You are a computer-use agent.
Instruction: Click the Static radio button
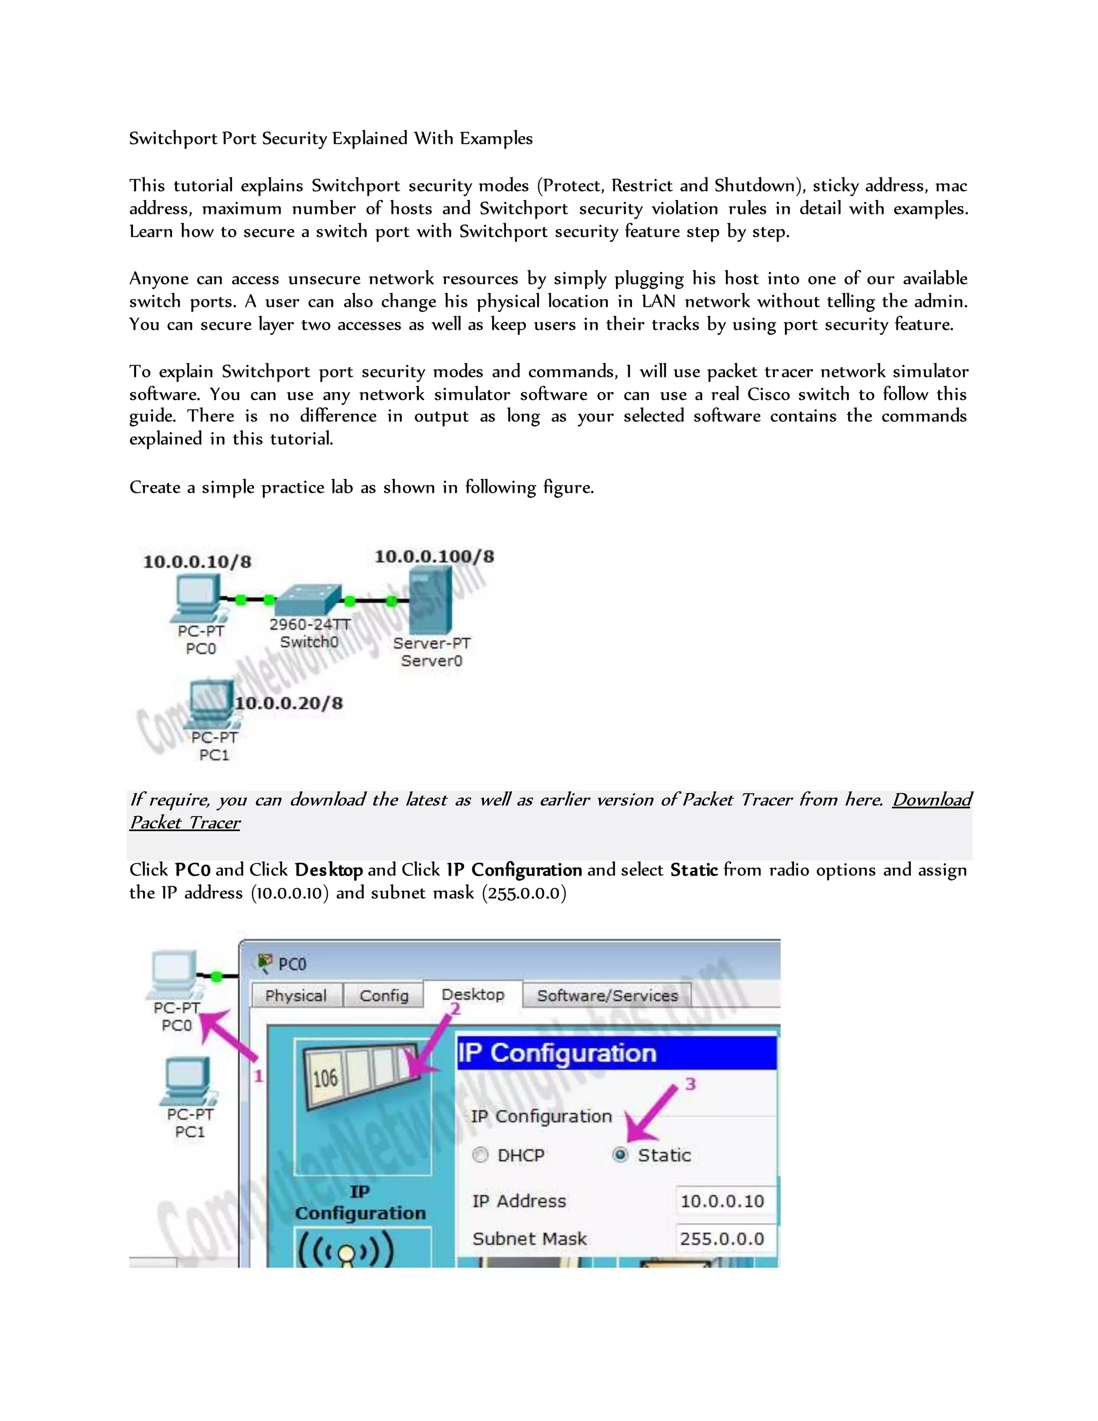point(620,1155)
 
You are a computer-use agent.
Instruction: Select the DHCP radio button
point(480,1155)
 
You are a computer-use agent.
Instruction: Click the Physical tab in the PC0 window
point(295,995)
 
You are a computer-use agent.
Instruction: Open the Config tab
point(384,995)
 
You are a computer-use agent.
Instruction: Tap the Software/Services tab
point(607,995)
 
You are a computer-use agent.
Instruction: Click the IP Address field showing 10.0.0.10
point(723,1201)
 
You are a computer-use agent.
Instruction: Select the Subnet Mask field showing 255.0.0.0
point(723,1238)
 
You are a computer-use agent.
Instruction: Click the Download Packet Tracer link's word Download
point(931,800)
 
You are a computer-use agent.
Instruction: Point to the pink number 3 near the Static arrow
point(690,1084)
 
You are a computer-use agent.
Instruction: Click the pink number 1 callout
point(258,1076)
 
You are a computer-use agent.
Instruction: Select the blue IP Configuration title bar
point(616,1053)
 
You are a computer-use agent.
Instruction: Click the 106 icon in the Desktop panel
point(325,1078)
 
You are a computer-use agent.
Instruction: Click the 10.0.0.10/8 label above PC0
point(197,562)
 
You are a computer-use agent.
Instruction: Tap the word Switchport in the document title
point(173,138)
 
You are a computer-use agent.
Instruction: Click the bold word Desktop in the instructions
point(329,870)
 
